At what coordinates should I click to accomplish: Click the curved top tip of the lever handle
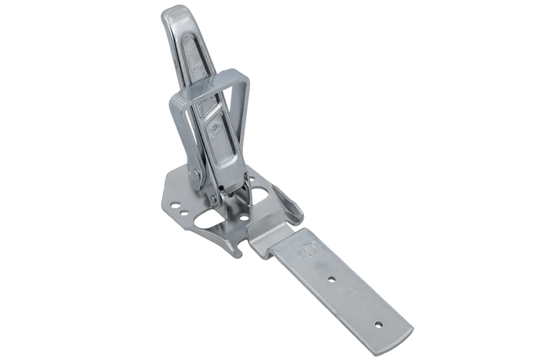[172, 11]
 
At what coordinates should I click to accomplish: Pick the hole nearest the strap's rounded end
[379, 317]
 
